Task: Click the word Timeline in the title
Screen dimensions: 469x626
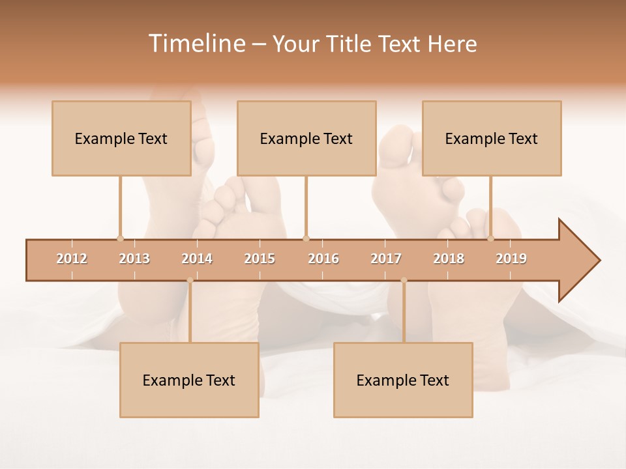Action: point(196,44)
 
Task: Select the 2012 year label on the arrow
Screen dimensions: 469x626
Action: point(72,259)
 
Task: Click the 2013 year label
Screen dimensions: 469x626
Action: point(134,259)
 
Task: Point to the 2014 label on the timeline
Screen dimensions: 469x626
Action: point(197,259)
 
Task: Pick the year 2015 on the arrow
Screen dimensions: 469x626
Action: point(260,259)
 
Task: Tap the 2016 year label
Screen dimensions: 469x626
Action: point(323,259)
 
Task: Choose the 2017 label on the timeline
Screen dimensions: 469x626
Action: point(386,259)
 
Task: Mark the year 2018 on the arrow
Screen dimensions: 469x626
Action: point(449,259)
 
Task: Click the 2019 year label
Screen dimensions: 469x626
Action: point(511,259)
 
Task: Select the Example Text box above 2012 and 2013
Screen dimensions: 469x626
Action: point(121,138)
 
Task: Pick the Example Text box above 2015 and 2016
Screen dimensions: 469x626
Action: point(306,138)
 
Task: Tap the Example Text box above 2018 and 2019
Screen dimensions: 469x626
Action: point(492,138)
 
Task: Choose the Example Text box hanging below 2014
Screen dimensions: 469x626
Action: point(189,380)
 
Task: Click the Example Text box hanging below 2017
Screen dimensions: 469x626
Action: point(403,380)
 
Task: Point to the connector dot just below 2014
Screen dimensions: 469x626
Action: point(190,280)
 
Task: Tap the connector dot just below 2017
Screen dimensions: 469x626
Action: point(404,280)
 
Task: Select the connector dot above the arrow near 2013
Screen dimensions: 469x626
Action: point(120,238)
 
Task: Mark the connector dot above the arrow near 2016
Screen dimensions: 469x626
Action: point(306,238)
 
